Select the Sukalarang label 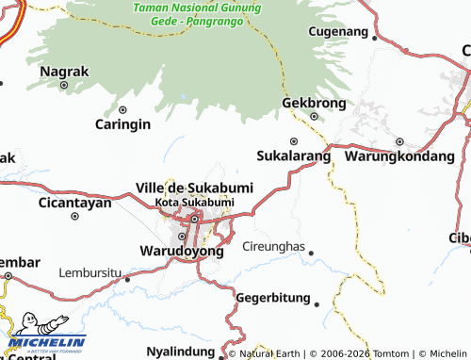(x=294, y=155)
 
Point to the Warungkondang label (x=400, y=155)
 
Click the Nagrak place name (x=64, y=70)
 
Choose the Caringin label (x=122, y=123)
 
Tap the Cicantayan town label (x=75, y=203)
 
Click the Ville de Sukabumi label (x=195, y=188)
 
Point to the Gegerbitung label (x=273, y=298)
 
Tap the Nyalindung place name (x=181, y=352)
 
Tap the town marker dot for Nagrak (x=64, y=85)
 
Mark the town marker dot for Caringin (x=122, y=108)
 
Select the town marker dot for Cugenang (x=375, y=40)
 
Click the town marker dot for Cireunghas (x=311, y=253)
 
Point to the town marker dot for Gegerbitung (x=317, y=304)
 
